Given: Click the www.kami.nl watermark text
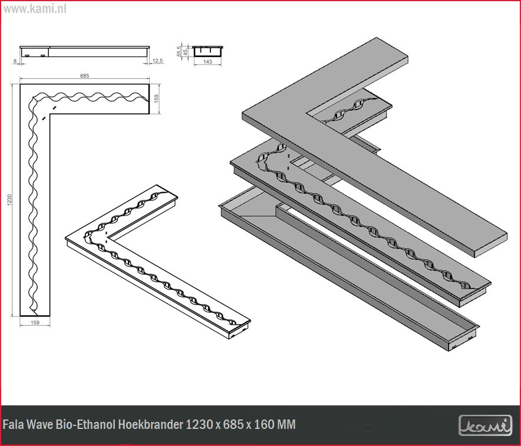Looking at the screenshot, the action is pos(35,9).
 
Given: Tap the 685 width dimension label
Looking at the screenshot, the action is pos(85,76).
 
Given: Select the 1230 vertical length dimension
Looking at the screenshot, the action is pos(9,200).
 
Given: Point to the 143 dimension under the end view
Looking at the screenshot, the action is pos(207,61).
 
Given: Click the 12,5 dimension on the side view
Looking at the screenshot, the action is pos(157,61).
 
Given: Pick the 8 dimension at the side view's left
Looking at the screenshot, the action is pos(15,61).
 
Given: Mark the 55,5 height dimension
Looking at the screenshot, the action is pos(179,51).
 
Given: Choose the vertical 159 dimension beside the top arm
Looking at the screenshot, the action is pos(157,98).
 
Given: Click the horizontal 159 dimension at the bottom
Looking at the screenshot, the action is pos(35,322).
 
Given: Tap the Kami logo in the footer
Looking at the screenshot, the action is pos(486,425).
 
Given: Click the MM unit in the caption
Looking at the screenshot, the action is pos(286,424).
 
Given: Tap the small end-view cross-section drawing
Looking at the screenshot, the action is pos(207,51).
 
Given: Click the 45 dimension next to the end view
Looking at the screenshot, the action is pos(186,52).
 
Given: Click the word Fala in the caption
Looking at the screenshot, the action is pos(13,424).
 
